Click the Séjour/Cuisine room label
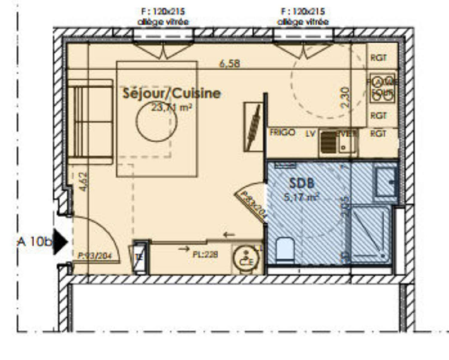point(172,93)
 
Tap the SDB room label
point(301,183)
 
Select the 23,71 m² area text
point(172,107)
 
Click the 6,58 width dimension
point(230,64)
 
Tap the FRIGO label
point(282,132)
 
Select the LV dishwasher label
point(310,134)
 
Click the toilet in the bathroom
point(285,249)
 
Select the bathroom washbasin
point(386,182)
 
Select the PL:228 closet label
point(205,254)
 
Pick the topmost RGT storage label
point(378,57)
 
